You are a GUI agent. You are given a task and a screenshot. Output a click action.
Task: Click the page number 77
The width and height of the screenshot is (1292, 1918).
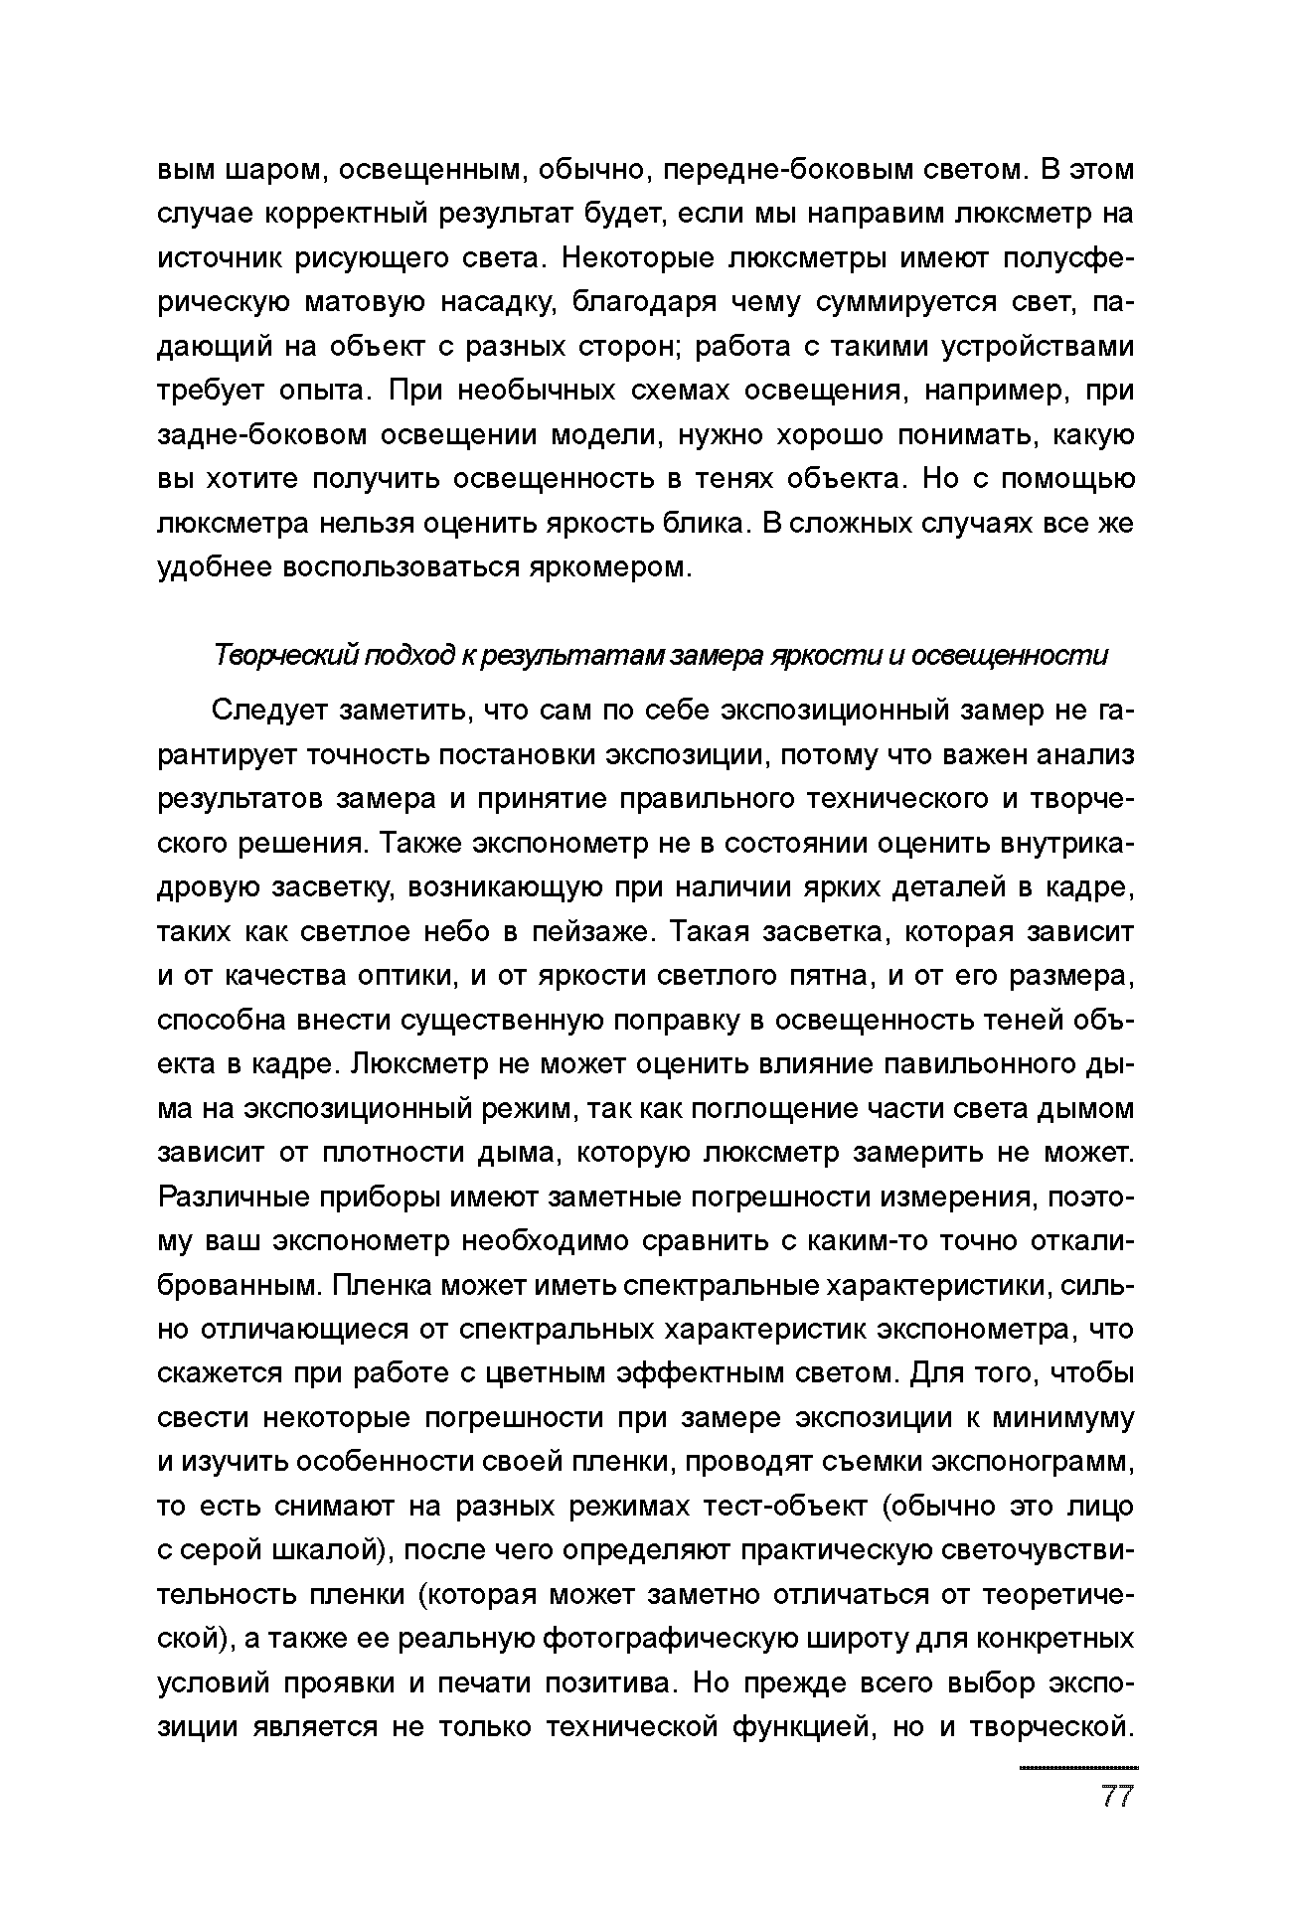[x=1117, y=1797]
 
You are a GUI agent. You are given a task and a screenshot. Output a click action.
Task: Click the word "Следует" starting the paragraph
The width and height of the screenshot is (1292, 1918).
[x=268, y=712]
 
